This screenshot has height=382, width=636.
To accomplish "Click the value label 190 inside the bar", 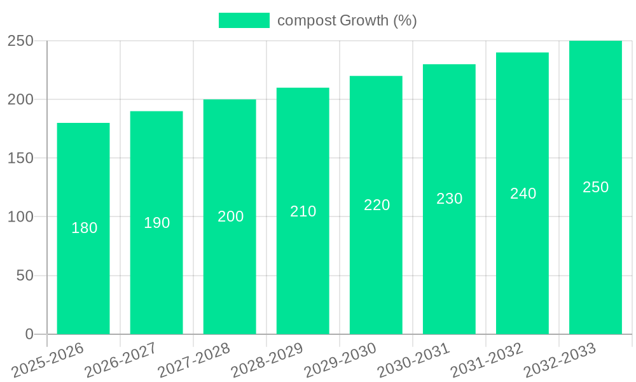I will coord(157,223).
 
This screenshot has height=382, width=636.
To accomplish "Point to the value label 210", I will coord(303,211).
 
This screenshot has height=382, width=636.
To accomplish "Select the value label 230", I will coord(450,199).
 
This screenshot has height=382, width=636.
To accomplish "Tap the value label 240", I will coord(523,194).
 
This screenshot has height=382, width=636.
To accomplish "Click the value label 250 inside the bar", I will coord(596,187).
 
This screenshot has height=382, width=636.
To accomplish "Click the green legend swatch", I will coord(244,20).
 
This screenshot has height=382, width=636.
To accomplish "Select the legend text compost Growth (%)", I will coord(347,20).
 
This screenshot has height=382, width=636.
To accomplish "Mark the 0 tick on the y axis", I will coord(29,334).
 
